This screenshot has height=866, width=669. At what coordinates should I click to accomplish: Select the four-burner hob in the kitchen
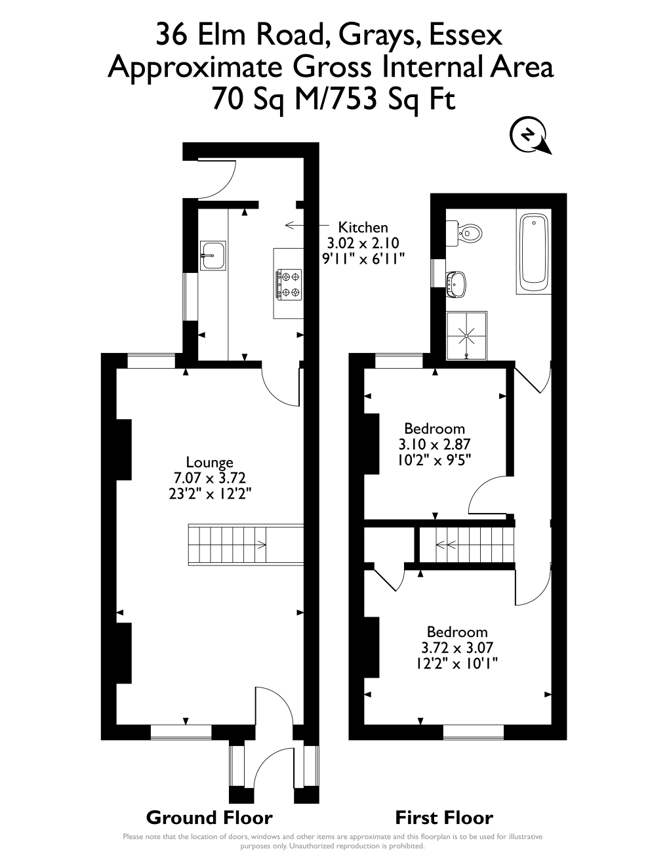[289, 283]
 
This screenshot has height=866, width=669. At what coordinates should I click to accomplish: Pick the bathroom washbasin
[457, 283]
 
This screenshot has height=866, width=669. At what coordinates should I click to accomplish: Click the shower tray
[467, 335]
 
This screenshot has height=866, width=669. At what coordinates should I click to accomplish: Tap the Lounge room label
[210, 463]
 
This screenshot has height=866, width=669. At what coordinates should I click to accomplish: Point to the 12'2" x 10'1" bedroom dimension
[457, 663]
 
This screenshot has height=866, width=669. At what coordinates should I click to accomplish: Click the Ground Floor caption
[209, 817]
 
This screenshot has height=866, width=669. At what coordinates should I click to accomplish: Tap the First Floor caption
[444, 817]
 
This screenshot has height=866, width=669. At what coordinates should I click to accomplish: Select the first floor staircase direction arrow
[441, 543]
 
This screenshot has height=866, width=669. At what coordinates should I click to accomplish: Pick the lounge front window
[181, 732]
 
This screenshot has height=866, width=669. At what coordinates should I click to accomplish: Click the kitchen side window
[190, 297]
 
